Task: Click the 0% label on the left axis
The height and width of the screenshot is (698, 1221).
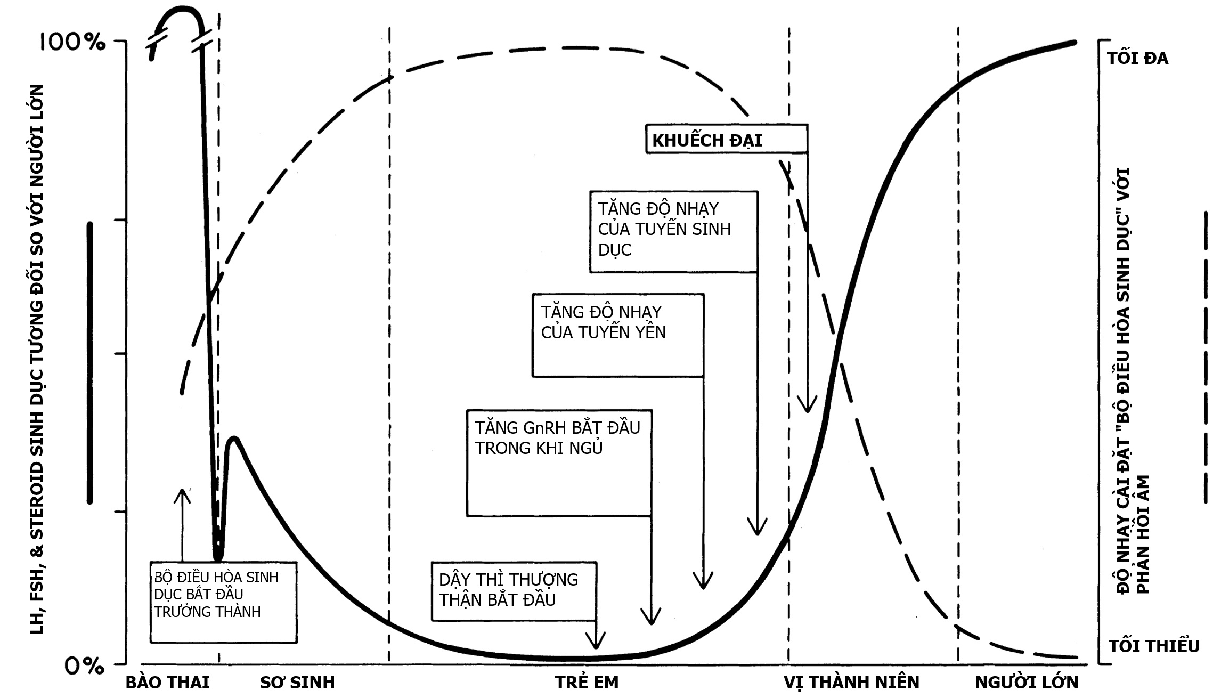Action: pos(84,665)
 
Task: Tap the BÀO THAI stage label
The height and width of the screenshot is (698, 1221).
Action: pos(167,683)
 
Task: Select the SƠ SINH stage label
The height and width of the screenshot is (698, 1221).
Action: pos(297,683)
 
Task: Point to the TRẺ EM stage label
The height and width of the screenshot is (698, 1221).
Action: pos(587,683)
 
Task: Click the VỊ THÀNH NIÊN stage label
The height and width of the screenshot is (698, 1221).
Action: pos(851,683)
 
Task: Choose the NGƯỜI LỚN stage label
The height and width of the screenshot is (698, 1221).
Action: pos(1027,683)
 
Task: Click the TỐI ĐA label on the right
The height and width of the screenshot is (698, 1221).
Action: pos(1137,58)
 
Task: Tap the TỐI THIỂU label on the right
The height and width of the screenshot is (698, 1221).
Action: pos(1154,646)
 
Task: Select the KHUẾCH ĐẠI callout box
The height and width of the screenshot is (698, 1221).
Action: pos(726,140)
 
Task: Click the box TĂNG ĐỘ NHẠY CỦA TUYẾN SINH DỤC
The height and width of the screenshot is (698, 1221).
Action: pos(673,232)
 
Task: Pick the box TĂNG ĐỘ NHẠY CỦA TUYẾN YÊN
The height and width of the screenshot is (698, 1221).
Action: pos(618,335)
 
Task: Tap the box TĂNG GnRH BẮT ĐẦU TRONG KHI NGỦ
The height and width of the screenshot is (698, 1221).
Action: pos(559,462)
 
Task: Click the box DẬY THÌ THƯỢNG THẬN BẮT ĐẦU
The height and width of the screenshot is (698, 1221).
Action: pos(514,591)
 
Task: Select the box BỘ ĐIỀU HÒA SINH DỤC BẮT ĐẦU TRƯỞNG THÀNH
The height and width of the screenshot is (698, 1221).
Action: pos(223,602)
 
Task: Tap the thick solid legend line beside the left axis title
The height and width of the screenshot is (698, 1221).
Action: pos(90,362)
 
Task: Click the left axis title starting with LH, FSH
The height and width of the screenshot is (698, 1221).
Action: pos(36,360)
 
